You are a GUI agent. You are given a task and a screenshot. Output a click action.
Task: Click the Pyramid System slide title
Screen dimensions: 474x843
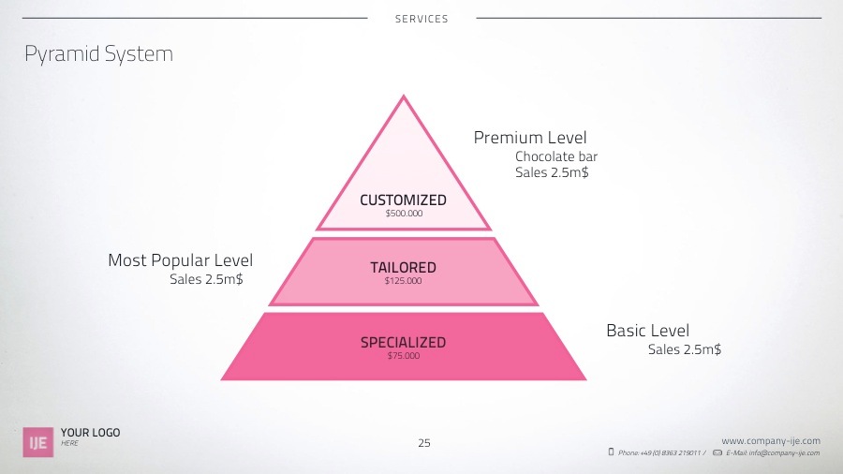click(x=98, y=54)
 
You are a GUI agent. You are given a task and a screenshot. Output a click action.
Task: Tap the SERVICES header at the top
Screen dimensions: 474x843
click(x=421, y=19)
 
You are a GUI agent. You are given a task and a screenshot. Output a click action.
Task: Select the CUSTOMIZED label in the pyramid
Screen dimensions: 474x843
click(x=403, y=200)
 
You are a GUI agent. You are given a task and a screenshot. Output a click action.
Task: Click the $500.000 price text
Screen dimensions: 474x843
click(x=404, y=214)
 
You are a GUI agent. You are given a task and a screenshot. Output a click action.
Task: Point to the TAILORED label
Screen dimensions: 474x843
click(x=403, y=268)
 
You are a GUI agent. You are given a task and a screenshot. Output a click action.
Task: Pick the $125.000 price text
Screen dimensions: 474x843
click(x=403, y=281)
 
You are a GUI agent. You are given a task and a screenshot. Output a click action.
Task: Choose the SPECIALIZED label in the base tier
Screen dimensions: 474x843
click(x=403, y=343)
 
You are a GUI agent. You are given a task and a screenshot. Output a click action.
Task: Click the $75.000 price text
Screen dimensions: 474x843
click(x=404, y=356)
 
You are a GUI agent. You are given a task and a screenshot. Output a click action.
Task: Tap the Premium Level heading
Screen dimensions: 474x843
click(x=530, y=139)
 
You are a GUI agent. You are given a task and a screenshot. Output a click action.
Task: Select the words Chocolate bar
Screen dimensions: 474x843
click(x=556, y=156)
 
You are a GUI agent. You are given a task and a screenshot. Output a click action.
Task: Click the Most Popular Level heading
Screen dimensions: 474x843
click(x=180, y=260)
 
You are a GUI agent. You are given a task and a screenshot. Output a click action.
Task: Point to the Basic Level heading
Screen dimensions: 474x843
click(x=647, y=331)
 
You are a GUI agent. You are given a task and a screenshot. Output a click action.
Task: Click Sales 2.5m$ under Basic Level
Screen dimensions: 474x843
click(x=685, y=349)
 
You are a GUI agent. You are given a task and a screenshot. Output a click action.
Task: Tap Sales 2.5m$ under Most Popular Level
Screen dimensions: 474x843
click(x=206, y=279)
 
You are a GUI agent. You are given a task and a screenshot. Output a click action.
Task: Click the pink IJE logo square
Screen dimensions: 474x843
click(x=37, y=442)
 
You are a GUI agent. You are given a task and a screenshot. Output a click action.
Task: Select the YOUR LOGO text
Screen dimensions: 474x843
click(x=90, y=433)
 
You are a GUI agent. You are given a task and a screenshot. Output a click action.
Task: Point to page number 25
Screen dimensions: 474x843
click(x=424, y=443)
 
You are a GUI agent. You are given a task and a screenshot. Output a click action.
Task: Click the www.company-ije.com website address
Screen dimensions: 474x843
click(x=771, y=440)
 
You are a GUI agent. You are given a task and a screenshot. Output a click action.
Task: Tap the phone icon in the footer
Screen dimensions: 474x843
click(x=611, y=452)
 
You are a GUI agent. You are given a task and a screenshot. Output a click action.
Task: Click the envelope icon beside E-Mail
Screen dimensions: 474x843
click(x=717, y=452)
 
